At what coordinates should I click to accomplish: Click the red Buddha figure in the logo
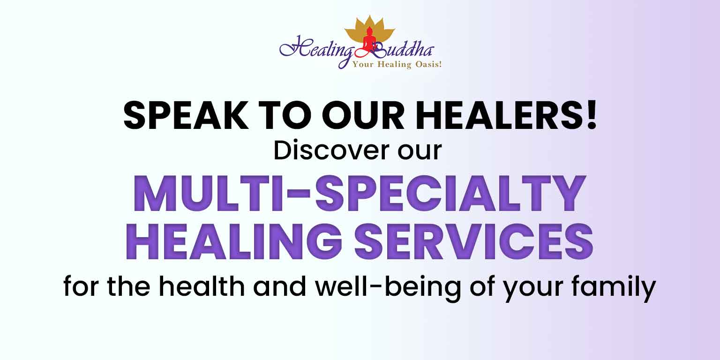370,40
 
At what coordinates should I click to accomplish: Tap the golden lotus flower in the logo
370,29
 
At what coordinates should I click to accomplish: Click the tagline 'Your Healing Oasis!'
397,65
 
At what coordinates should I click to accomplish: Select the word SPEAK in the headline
186,115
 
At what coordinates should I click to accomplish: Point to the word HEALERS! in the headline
507,115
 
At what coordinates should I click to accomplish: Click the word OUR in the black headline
363,115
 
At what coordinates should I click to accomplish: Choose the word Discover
331,150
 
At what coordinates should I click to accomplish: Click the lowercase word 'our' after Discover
420,153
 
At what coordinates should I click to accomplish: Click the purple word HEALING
234,242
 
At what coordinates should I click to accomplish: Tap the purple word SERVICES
474,242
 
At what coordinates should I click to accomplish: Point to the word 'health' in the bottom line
202,286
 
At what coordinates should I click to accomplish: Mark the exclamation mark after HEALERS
592,115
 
